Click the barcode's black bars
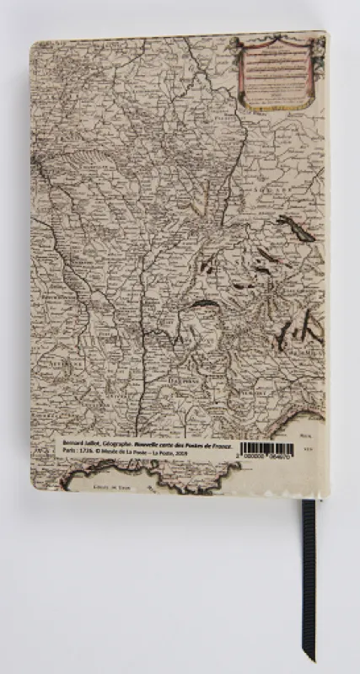(x=267, y=447)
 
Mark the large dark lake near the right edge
(x=296, y=227)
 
